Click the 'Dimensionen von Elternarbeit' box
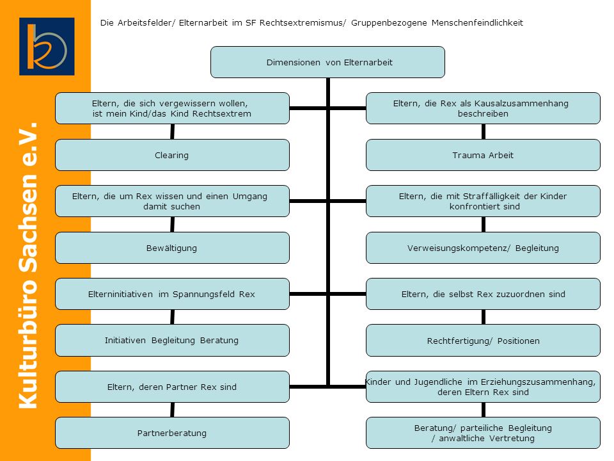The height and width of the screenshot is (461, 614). [x=327, y=62]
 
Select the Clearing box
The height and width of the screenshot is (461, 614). [x=172, y=155]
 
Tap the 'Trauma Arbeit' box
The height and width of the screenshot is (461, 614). [x=484, y=155]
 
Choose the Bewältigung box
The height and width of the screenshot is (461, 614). [x=172, y=248]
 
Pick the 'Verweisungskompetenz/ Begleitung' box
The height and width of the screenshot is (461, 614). [x=484, y=248]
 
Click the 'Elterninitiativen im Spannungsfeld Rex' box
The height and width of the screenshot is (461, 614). [x=172, y=294]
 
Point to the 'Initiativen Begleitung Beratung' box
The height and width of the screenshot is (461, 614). [x=172, y=340]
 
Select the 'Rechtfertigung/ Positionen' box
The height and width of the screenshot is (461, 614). [x=484, y=340]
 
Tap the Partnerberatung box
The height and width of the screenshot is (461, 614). [x=172, y=433]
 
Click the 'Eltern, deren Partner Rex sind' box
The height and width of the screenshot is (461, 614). [x=172, y=387]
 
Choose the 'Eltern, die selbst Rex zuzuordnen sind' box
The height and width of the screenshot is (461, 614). [x=484, y=294]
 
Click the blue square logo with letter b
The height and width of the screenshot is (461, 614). [x=47, y=46]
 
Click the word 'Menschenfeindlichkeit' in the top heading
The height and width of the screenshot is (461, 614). [x=477, y=23]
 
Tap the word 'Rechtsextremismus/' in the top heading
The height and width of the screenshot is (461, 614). [x=303, y=23]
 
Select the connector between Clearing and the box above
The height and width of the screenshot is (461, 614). [x=172, y=132]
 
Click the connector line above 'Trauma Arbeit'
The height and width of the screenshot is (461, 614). [x=484, y=132]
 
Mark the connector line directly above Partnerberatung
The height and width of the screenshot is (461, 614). [x=172, y=410]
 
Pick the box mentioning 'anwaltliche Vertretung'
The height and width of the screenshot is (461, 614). [x=484, y=433]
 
